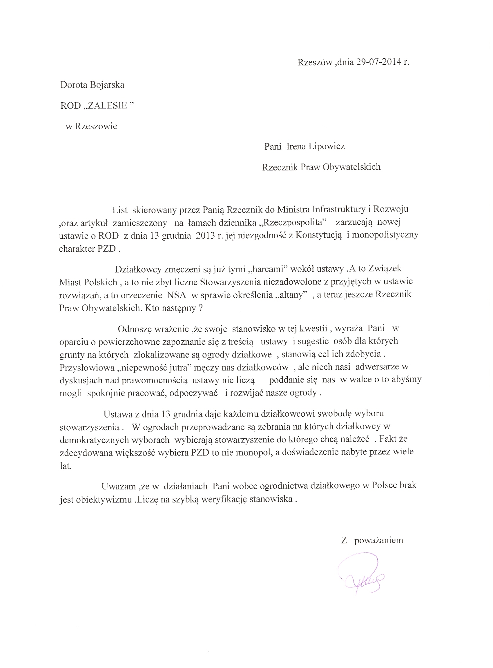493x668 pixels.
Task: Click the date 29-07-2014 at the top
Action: [378, 62]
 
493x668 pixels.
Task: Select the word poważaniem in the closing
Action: [379, 540]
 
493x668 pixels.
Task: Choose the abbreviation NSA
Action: [177, 295]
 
